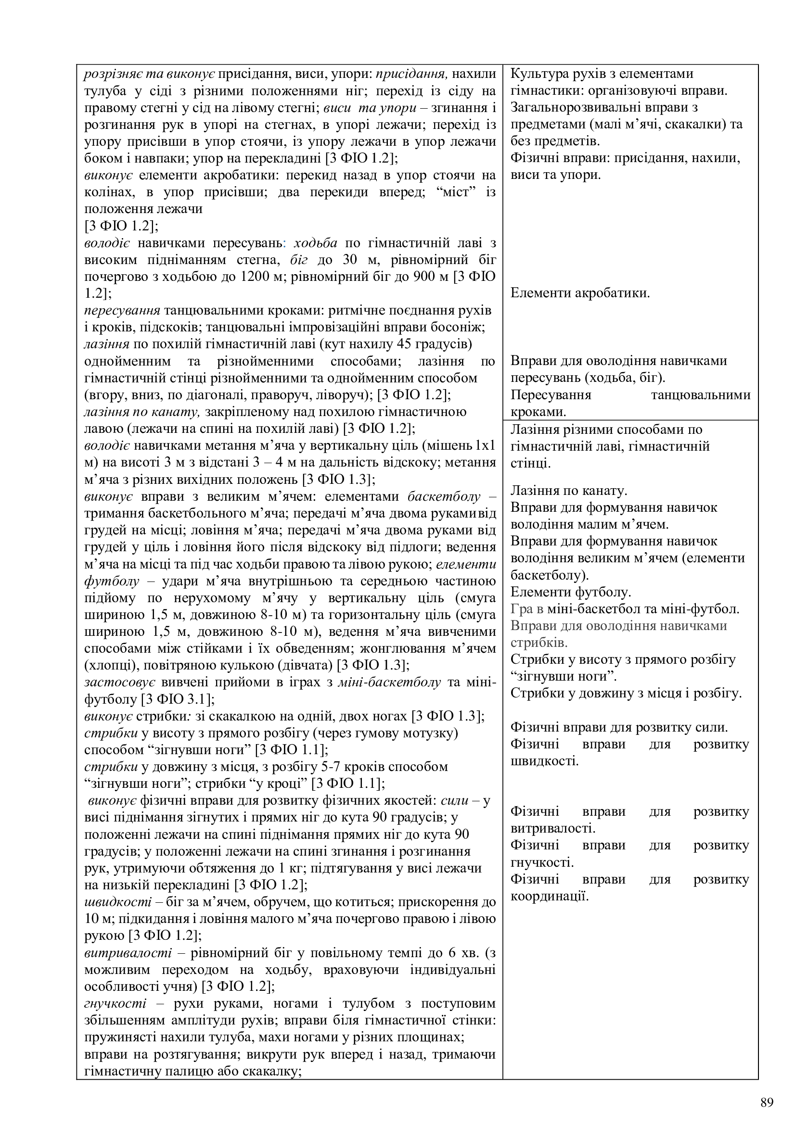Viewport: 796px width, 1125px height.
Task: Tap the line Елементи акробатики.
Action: (580, 293)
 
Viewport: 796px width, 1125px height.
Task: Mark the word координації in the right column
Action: (549, 896)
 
